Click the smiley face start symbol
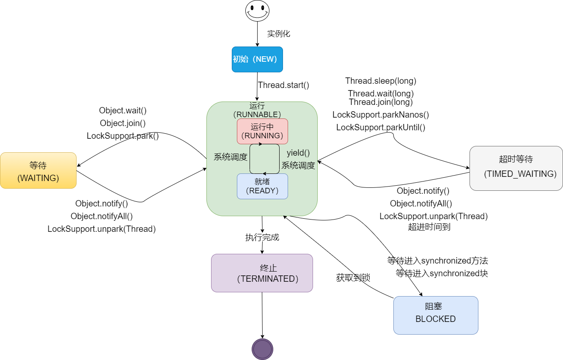[x=257, y=11]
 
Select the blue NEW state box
[x=257, y=59]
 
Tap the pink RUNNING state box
[x=262, y=131]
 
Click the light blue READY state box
[x=262, y=186]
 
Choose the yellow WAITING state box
[x=38, y=170]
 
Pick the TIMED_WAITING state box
[x=516, y=168]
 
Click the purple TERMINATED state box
[x=262, y=273]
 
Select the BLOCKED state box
[x=436, y=315]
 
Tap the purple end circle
[x=262, y=349]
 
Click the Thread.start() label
[x=283, y=85]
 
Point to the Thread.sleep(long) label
[x=381, y=81]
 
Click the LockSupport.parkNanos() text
[x=381, y=115]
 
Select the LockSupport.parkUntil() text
[x=381, y=127]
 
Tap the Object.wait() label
[x=123, y=110]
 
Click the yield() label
[x=298, y=153]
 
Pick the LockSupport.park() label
[x=123, y=136]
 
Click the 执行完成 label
[x=262, y=237]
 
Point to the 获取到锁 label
[x=353, y=278]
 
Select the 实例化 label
[x=278, y=34]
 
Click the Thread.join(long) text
[x=381, y=102]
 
